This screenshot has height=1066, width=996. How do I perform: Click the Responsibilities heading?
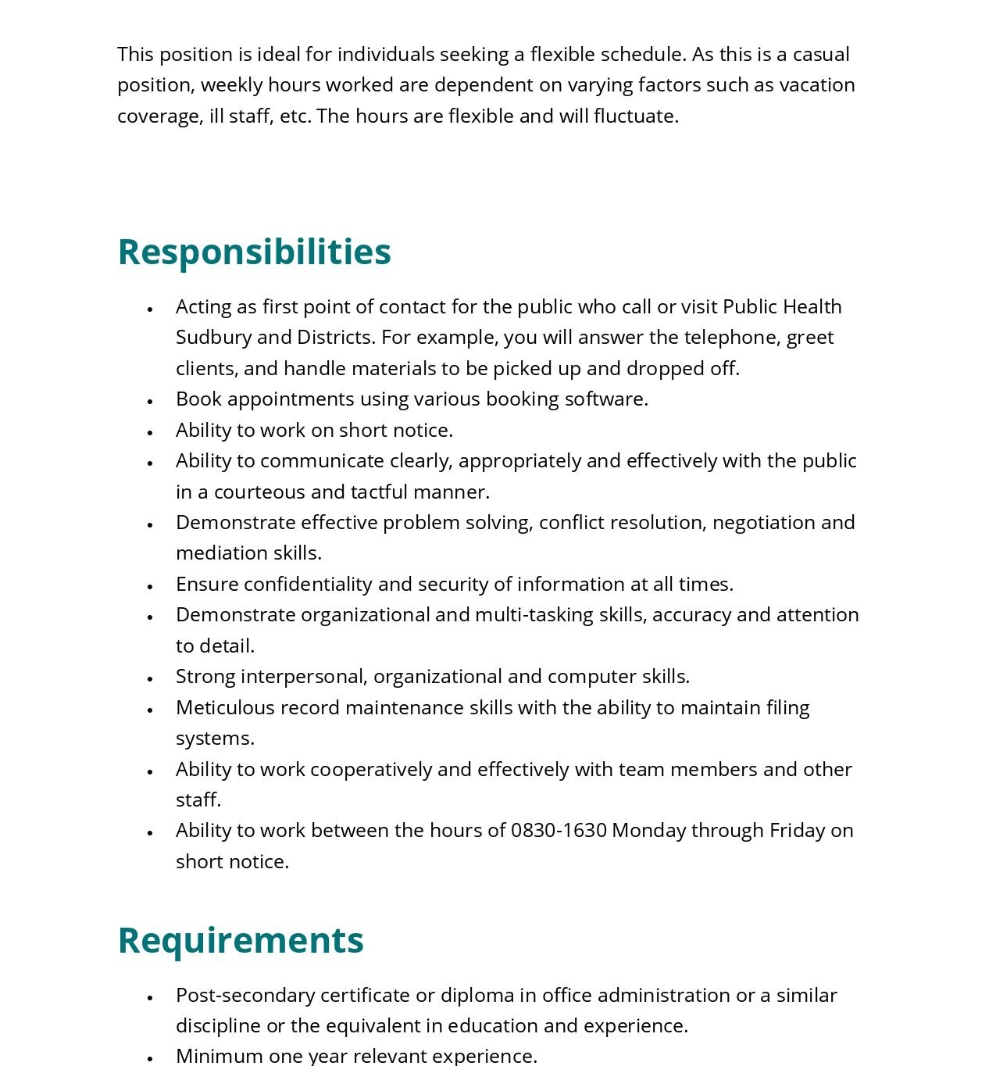pos(254,252)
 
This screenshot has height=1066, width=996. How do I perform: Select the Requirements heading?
pos(241,940)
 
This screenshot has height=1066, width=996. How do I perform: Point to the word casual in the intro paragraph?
pos(821,54)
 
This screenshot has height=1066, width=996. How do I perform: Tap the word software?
pos(605,399)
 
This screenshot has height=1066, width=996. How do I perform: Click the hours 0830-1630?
pos(559,830)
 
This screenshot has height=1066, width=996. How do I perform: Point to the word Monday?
pos(648,830)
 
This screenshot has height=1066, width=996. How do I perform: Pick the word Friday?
pos(797,830)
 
